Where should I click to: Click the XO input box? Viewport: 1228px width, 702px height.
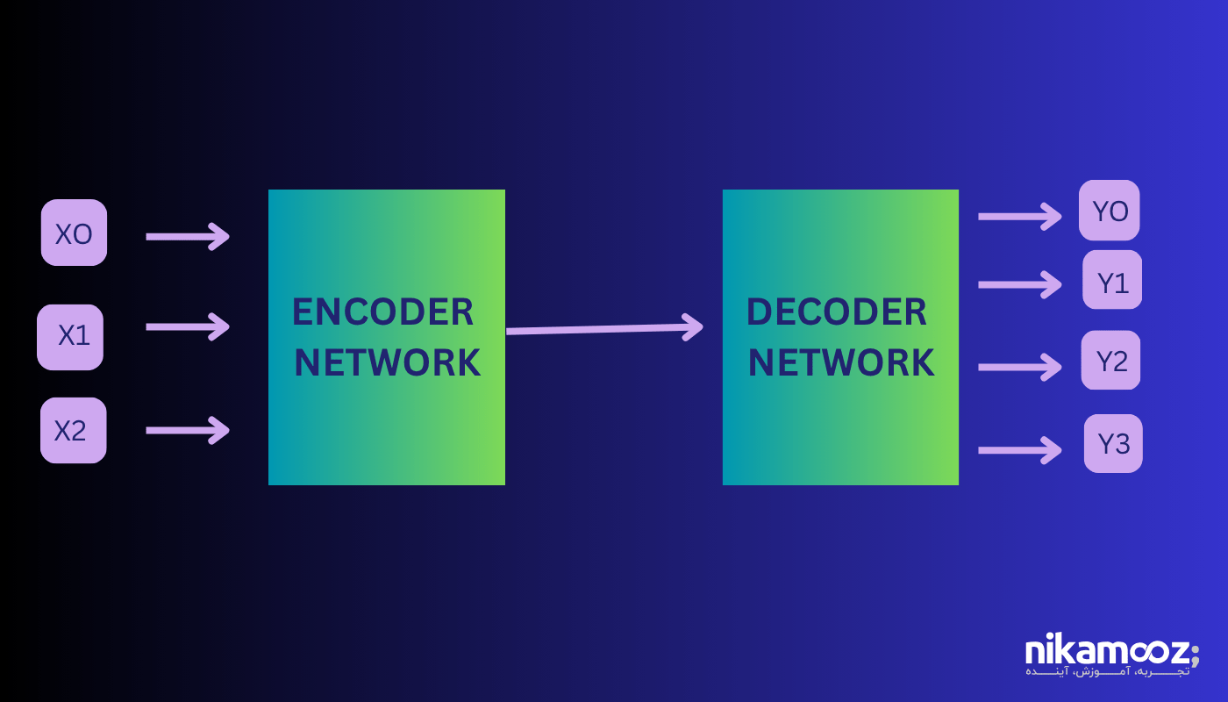click(74, 233)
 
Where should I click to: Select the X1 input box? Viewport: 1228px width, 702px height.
click(70, 337)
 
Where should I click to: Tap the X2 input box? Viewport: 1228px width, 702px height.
click(73, 430)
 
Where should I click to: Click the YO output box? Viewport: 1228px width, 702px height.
click(1109, 211)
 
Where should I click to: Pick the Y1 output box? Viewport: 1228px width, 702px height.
click(1112, 280)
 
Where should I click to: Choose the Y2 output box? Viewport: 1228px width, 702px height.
click(1110, 360)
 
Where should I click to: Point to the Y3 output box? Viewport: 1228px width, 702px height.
click(1113, 443)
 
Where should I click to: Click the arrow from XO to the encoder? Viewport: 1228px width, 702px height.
click(187, 235)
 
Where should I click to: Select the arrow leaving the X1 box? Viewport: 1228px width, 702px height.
click(187, 326)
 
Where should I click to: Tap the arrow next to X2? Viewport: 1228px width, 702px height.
click(187, 430)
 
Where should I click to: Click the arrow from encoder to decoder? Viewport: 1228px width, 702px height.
click(604, 329)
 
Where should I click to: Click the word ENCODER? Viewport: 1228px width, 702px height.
click(382, 312)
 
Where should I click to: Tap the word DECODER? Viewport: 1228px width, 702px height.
click(836, 312)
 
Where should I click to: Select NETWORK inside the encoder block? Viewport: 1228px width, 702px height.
click(387, 363)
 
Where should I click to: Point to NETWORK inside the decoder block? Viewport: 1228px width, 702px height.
click(840, 363)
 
